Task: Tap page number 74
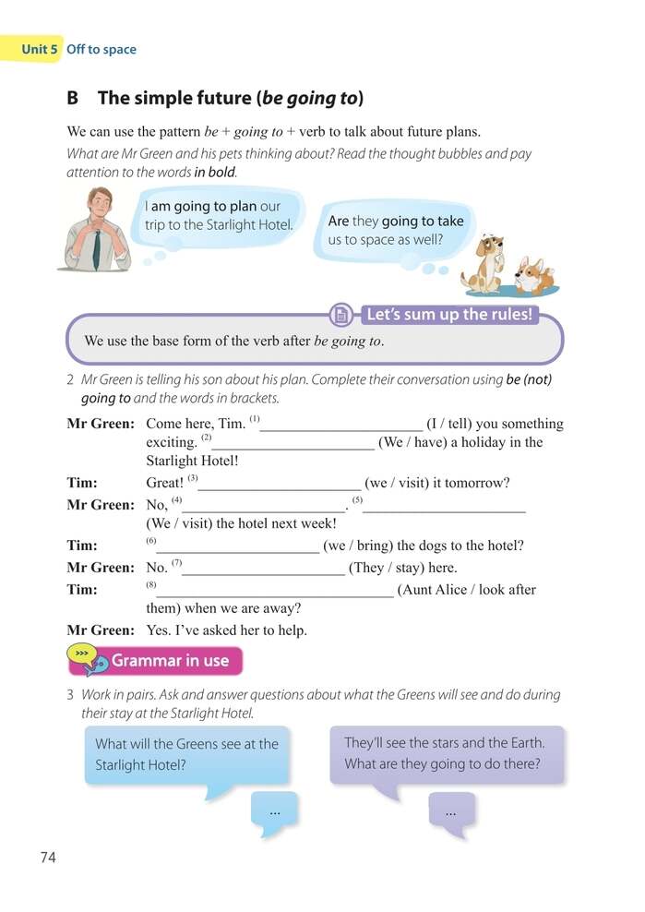[49, 858]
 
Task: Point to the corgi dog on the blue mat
[534, 274]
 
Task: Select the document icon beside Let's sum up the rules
[342, 315]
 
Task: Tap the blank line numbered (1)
[341, 424]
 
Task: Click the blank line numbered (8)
[274, 590]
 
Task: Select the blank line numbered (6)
[237, 546]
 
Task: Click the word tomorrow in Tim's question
[478, 483]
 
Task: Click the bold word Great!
[165, 483]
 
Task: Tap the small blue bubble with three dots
[274, 811]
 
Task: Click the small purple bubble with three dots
[450, 811]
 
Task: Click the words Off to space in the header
[102, 49]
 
